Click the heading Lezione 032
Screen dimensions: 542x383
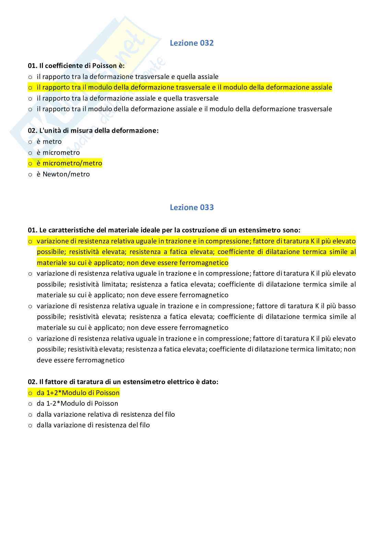click(x=191, y=43)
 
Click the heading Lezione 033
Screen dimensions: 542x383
click(x=191, y=207)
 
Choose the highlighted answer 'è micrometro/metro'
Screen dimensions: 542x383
click(x=69, y=163)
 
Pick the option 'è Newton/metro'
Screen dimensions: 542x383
click(x=63, y=174)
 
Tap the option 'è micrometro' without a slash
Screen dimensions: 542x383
click(x=58, y=152)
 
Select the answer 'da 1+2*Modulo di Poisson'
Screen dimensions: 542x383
click(x=78, y=393)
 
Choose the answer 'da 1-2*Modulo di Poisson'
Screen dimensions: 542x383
click(x=78, y=403)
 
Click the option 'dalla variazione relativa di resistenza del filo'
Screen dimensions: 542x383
click(x=106, y=414)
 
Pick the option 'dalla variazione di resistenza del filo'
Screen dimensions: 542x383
click(x=93, y=425)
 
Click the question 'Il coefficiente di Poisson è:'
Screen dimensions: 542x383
click(x=76, y=66)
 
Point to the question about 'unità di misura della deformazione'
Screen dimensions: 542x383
click(x=93, y=130)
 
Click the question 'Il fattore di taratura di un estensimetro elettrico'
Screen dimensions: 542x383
click(x=123, y=382)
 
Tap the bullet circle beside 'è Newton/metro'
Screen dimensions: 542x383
click(x=30, y=174)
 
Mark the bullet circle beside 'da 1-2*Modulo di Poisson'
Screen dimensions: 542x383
click(x=30, y=404)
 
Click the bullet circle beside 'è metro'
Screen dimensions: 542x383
click(x=30, y=142)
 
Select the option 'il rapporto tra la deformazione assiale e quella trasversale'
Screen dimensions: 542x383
click(x=128, y=98)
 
